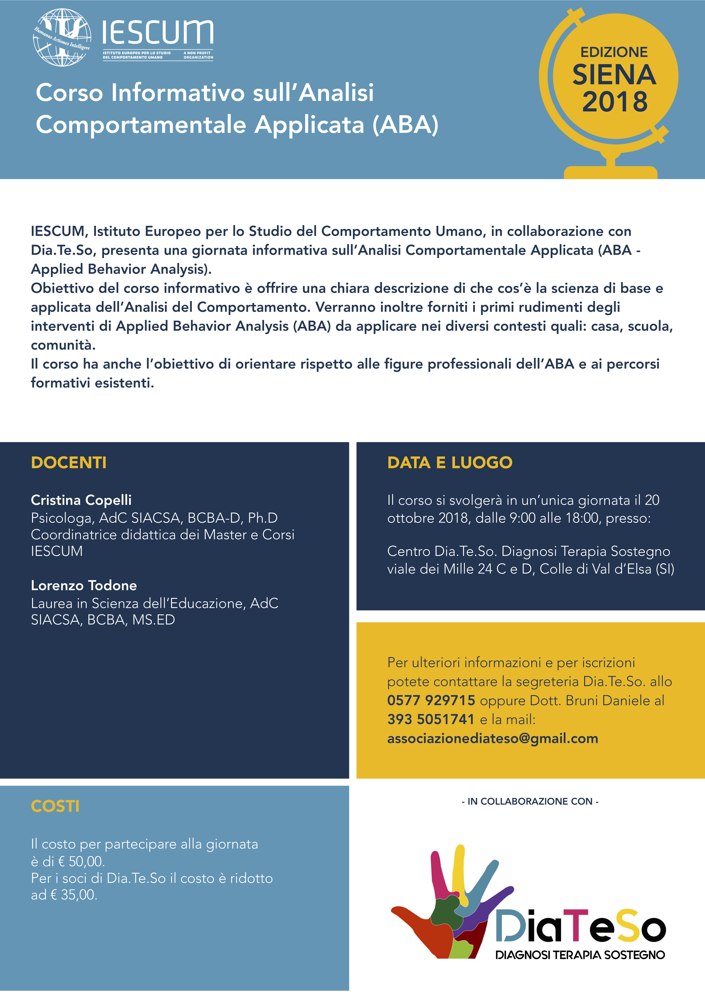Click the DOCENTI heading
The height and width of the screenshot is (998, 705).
(69, 462)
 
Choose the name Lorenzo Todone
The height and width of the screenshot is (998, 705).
(84, 586)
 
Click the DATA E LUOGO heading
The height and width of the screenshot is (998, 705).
(450, 462)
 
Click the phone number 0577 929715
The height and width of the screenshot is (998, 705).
(431, 700)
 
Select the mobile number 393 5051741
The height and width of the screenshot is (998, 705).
(430, 719)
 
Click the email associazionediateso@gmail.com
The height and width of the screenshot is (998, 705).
(493, 739)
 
